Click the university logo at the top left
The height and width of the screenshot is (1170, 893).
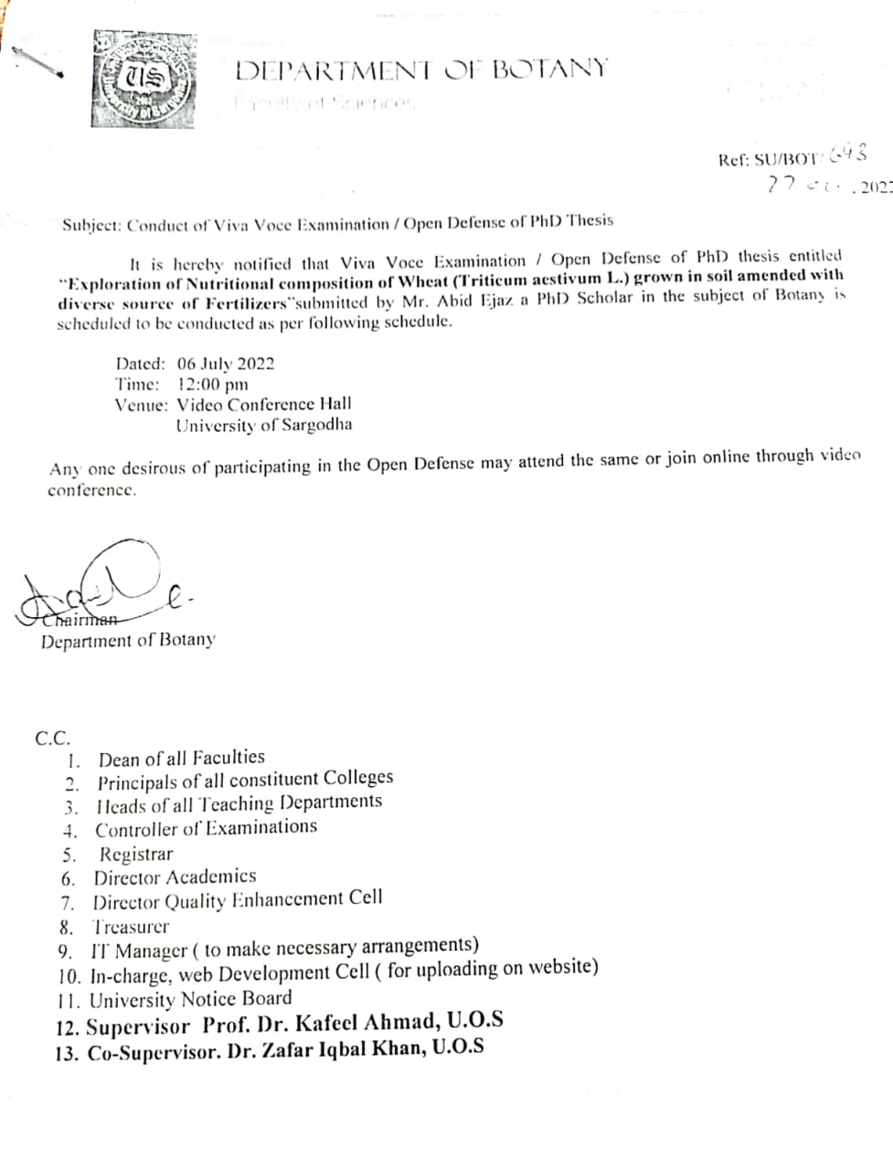(x=144, y=80)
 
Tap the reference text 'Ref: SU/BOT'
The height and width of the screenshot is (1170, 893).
(x=769, y=159)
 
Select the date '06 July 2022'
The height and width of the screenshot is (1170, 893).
(x=226, y=363)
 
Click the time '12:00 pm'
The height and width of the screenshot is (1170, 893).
(x=212, y=384)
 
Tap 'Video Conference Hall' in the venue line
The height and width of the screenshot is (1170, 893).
(x=263, y=404)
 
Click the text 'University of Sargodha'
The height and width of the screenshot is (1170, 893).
(x=263, y=425)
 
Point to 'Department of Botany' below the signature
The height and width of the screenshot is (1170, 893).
(x=128, y=641)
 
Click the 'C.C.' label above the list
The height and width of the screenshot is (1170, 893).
(x=52, y=739)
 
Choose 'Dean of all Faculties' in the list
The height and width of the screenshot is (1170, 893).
(x=181, y=758)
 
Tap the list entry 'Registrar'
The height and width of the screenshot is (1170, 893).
(x=135, y=855)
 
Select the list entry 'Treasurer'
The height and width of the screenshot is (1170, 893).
(x=132, y=926)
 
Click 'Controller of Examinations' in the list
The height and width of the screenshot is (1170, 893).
(x=206, y=828)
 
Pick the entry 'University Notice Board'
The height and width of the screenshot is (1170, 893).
(x=190, y=999)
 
